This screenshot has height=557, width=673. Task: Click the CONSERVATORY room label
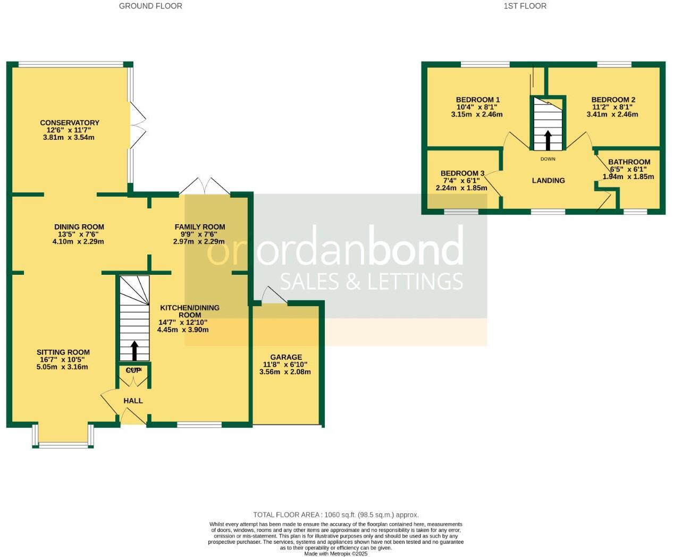(x=70, y=123)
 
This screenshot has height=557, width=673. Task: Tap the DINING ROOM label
(x=79, y=227)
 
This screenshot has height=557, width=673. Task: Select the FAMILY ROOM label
(x=200, y=227)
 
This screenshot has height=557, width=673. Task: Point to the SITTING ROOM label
(x=63, y=352)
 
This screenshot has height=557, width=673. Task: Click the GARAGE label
(x=286, y=357)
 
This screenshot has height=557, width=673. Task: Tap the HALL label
(x=133, y=401)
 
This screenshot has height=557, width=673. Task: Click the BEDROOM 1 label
(x=478, y=100)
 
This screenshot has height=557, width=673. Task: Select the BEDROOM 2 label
(x=613, y=100)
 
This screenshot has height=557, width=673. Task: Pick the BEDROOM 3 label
(x=462, y=173)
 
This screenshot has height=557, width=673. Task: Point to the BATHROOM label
(x=629, y=162)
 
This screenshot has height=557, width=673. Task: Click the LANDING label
(x=548, y=181)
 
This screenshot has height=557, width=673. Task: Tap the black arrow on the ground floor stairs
(x=133, y=350)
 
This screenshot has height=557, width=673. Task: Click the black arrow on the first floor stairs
(x=548, y=140)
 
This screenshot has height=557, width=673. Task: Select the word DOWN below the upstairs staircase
(x=548, y=159)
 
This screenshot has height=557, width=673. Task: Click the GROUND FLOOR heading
(x=150, y=6)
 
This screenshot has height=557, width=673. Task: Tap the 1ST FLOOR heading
(x=525, y=6)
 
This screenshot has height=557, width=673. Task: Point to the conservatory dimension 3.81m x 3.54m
(x=69, y=138)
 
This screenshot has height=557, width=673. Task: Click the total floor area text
(x=336, y=514)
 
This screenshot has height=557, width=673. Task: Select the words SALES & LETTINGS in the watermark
(x=371, y=281)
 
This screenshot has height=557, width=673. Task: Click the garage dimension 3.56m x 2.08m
(x=285, y=372)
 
